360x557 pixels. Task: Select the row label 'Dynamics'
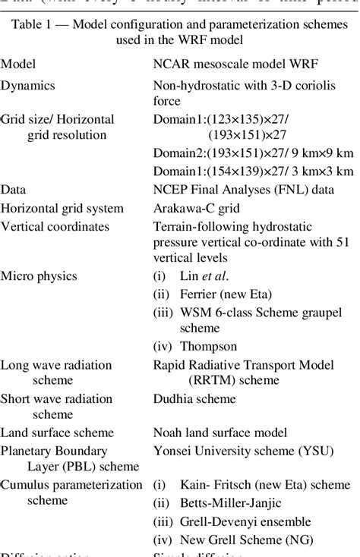click(x=28, y=86)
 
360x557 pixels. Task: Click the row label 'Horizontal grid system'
click(x=62, y=207)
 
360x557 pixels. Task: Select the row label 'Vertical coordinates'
click(x=55, y=226)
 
